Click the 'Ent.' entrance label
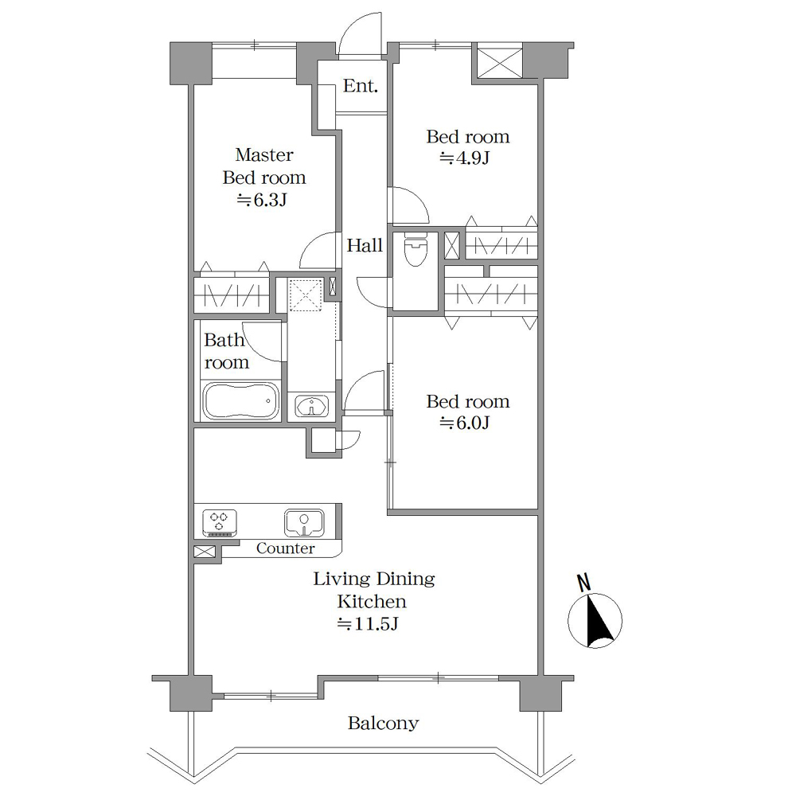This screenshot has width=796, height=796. pos(361,86)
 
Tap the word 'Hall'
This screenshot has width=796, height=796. pos(365,246)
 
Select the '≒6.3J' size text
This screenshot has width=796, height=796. pos(263,200)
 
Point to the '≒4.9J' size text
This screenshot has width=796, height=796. pos(465,158)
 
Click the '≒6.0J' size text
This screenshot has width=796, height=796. pos(465,423)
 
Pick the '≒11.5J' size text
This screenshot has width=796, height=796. pos(368,623)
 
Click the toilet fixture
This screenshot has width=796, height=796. pos(416,249)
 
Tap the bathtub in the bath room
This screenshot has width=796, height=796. pos(240,401)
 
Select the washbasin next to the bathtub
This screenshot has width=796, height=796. pos(312,407)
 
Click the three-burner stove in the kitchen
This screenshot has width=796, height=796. pos(220,523)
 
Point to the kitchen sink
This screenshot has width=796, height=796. pos(304,523)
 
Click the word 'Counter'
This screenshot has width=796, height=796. pos(285,548)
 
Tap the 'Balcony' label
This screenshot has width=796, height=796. pos(384,723)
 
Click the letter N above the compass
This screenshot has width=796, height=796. pos(584,583)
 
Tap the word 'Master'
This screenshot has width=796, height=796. pos(264,155)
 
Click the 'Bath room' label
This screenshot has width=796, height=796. pos(226,351)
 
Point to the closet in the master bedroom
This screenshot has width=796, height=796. pos(232,294)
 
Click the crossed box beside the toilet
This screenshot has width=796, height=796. pos(452,246)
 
